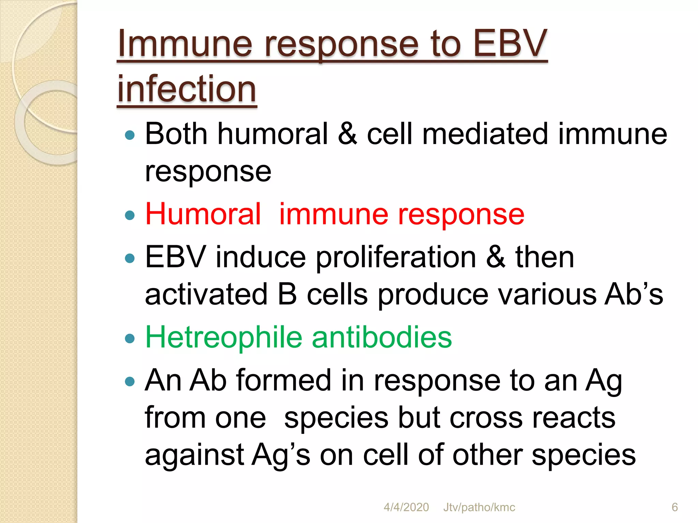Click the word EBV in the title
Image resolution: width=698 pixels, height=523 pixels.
click(x=510, y=44)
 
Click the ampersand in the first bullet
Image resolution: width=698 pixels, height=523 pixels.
click(x=347, y=134)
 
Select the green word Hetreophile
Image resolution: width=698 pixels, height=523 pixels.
click(x=224, y=337)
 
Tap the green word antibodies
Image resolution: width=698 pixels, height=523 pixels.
click(x=382, y=337)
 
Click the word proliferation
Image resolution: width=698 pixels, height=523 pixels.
click(x=396, y=257)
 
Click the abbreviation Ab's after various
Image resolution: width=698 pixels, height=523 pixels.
click(x=634, y=294)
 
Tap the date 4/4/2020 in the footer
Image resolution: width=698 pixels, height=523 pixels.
click(x=406, y=507)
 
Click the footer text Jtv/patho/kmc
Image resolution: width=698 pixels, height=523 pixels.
click(x=479, y=507)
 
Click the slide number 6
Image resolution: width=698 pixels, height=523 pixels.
click(x=674, y=507)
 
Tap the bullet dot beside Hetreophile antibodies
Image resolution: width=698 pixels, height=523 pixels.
click(x=130, y=338)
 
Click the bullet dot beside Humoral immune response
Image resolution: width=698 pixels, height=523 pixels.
click(x=130, y=215)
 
